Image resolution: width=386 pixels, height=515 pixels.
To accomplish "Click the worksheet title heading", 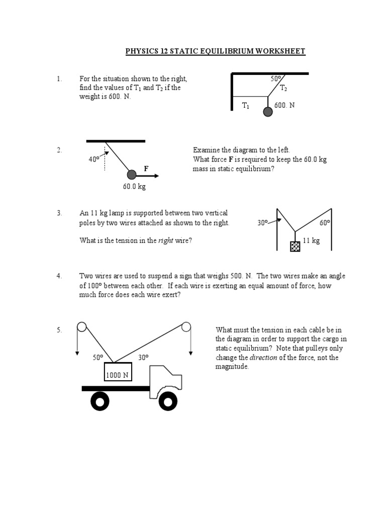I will coord(215,51).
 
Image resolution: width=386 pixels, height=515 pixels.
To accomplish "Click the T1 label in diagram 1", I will coord(245,105).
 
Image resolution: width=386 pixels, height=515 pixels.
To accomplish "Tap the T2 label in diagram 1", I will coord(283,88).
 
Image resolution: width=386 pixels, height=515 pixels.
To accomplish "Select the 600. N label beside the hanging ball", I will coord(284,105).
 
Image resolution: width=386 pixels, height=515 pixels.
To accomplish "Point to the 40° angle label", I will coord(94,159).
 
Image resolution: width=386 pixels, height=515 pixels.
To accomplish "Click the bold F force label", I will coord(146,169).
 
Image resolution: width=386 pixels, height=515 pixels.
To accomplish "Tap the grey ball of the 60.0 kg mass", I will coord(132,175).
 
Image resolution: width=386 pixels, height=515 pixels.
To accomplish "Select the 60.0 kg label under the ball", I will coord(134,187).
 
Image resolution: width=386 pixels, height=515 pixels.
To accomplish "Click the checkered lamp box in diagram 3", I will coord(295,246).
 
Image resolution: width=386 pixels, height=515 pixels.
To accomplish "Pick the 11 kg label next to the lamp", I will coord(311,240).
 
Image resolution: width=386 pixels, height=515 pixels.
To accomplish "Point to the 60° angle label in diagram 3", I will coord(325,222).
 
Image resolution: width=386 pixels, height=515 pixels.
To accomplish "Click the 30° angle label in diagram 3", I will coord(263,222).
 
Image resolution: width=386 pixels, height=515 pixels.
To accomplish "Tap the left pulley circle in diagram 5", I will coord(81,327).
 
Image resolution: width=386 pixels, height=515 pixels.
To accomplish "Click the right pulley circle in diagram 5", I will coord(186,327).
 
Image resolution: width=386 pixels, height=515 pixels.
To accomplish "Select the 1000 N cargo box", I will coord(117,374).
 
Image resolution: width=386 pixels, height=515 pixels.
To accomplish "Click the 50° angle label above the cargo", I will coord(98,357).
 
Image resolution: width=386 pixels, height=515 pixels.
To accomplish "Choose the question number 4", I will coord(59,276).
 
